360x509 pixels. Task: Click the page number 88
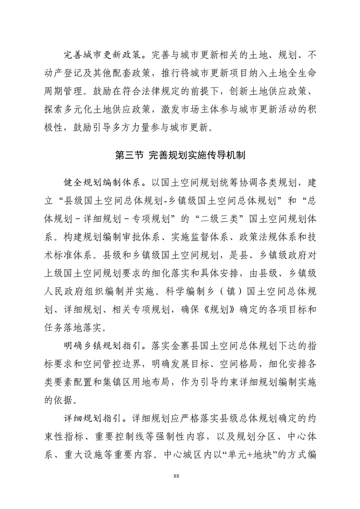180,475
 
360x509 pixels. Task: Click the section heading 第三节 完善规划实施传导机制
180,155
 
